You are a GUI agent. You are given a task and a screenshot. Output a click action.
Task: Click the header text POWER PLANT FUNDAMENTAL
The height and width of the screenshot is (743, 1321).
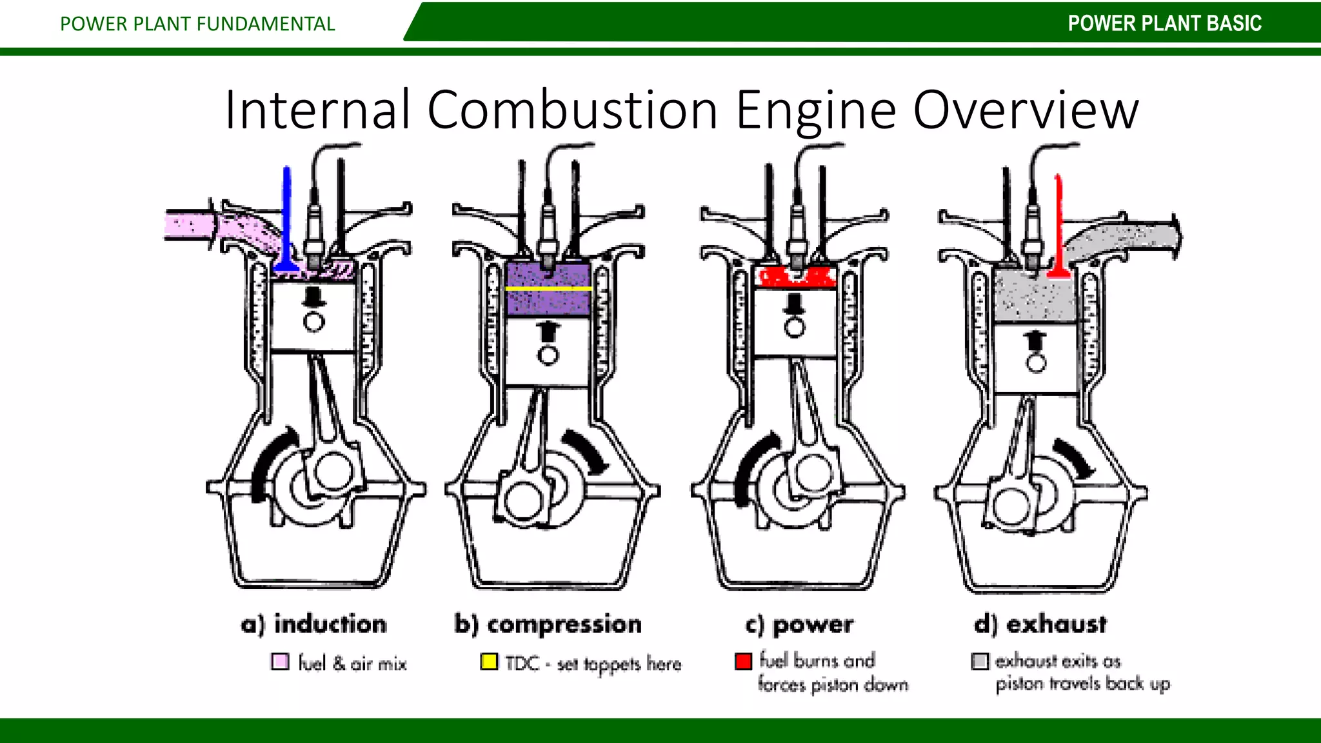[x=197, y=24]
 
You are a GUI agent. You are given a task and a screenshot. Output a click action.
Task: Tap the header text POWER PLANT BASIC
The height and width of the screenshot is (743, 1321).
[x=1164, y=24]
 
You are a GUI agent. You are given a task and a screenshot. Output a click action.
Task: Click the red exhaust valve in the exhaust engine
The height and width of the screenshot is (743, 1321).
[x=1058, y=226]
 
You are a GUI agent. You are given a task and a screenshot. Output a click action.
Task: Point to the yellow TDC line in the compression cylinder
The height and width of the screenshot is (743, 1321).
[x=548, y=288]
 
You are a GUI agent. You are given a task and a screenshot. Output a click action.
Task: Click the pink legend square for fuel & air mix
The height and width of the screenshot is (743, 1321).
[x=280, y=662]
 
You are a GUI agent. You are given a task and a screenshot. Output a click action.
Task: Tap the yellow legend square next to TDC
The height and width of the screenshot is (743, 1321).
[x=489, y=662]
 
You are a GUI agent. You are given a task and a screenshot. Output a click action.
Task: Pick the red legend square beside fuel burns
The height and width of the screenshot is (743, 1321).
[x=743, y=661]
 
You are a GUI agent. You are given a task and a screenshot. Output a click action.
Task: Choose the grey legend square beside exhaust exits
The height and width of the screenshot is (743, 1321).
[x=980, y=661]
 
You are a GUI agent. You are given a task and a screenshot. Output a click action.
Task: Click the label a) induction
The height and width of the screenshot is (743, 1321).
[x=314, y=624]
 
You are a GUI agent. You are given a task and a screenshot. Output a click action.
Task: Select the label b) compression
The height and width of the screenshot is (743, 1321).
[x=548, y=624]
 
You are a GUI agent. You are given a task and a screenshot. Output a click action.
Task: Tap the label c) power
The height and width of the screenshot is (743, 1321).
[x=800, y=624]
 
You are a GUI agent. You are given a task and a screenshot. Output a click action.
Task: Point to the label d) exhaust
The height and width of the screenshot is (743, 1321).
[x=1040, y=624]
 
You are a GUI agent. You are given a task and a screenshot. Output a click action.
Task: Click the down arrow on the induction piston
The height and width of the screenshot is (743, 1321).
[x=314, y=298]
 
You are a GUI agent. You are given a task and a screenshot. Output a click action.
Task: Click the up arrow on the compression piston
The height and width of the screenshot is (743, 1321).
[x=548, y=331]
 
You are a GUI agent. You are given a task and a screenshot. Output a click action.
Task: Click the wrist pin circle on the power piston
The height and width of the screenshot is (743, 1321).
[x=795, y=328]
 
